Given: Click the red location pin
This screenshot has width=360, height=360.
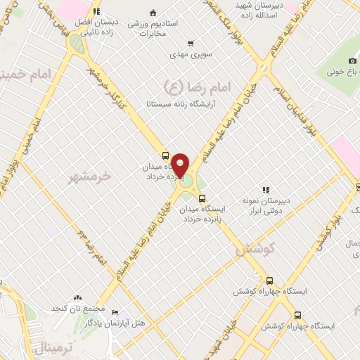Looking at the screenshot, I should (x=181, y=165).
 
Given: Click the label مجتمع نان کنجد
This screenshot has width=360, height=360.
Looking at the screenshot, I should (x=78, y=308).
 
